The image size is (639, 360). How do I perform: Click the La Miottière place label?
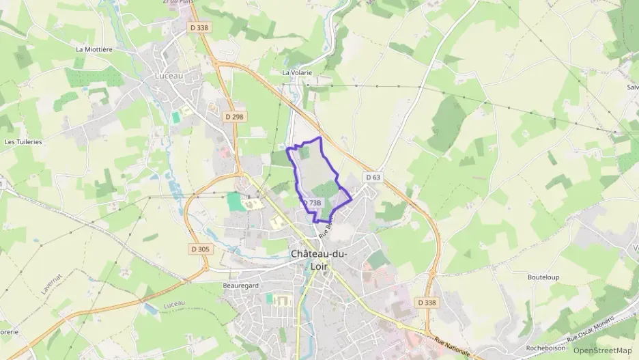pos(94,49)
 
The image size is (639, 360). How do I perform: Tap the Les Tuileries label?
pos(23,142)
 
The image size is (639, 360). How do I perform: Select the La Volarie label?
pos(297,72)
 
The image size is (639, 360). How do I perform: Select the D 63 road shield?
pos(372,177)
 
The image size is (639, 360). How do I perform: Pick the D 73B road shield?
pos(311,203)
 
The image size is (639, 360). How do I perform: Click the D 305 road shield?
pos(200,249)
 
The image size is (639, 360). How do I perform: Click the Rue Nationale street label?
pos(452,346)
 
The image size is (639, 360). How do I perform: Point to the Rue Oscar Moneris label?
pos(592,330)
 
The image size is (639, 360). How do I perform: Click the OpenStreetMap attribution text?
pos(603,350)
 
